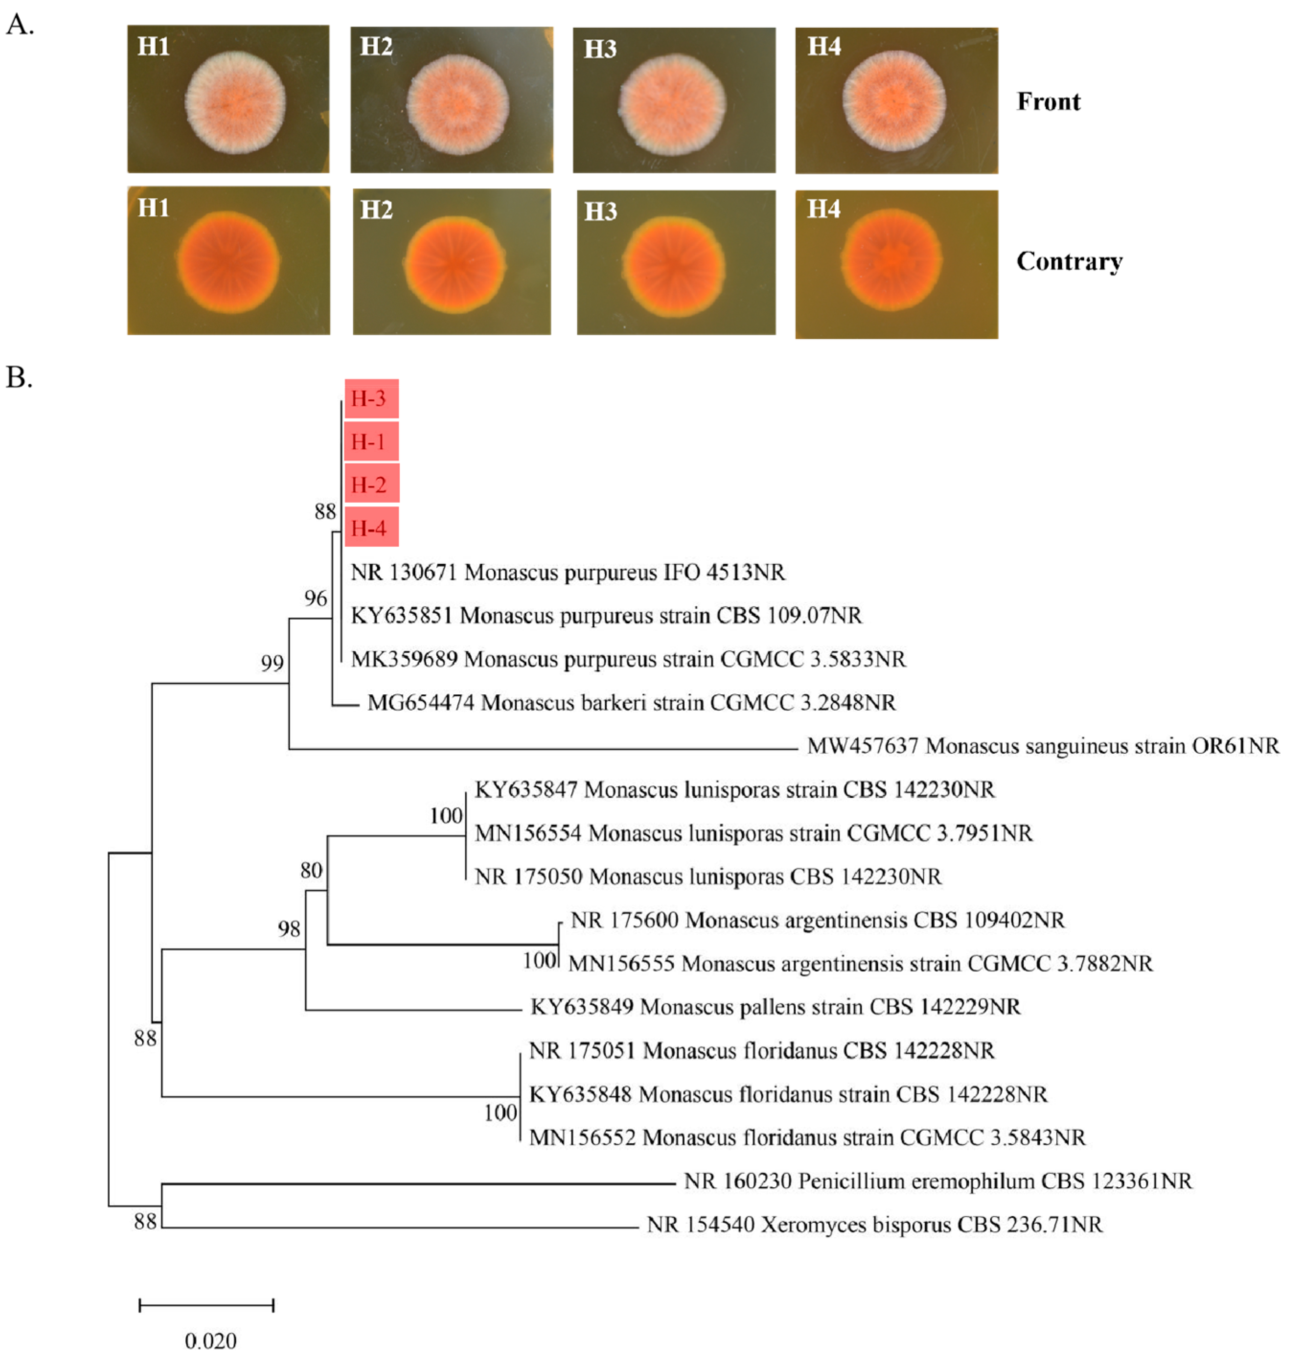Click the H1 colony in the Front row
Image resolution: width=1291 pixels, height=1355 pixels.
(235, 103)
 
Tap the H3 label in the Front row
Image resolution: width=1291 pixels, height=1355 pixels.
(600, 49)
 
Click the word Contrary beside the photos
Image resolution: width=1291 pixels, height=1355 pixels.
(1069, 262)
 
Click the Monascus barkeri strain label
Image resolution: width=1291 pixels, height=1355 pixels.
(631, 702)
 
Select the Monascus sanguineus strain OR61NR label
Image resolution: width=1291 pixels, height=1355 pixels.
(1042, 746)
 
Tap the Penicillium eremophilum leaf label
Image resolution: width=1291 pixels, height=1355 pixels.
(937, 1182)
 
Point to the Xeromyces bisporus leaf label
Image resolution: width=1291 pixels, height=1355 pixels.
(874, 1225)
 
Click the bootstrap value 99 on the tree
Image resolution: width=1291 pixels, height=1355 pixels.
(272, 662)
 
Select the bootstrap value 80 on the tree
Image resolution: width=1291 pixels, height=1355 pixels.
(311, 870)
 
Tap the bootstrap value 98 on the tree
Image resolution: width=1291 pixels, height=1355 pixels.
(289, 929)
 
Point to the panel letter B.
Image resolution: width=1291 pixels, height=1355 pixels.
(19, 377)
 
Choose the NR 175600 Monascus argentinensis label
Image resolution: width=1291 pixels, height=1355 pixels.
(817, 920)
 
